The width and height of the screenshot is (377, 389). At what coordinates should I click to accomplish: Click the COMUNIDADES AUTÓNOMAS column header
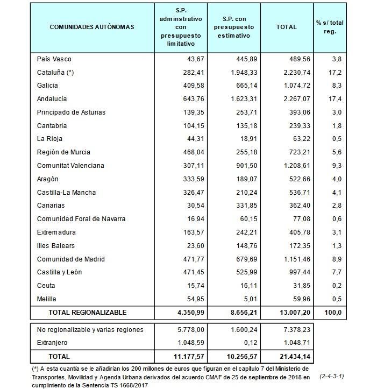point(92,27)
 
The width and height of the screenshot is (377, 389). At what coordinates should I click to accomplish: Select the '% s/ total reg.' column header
point(330,27)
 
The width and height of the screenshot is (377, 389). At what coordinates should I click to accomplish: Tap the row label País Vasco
point(54,59)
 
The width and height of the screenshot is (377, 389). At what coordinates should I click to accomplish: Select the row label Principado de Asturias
point(71,112)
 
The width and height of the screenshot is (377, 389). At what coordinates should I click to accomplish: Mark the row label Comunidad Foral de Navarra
point(81,219)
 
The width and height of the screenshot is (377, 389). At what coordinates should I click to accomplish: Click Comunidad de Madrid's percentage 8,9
point(337,259)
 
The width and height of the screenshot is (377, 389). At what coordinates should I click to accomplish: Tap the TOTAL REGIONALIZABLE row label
point(88,312)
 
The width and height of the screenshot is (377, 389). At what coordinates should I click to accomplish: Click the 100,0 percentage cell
point(335,312)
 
